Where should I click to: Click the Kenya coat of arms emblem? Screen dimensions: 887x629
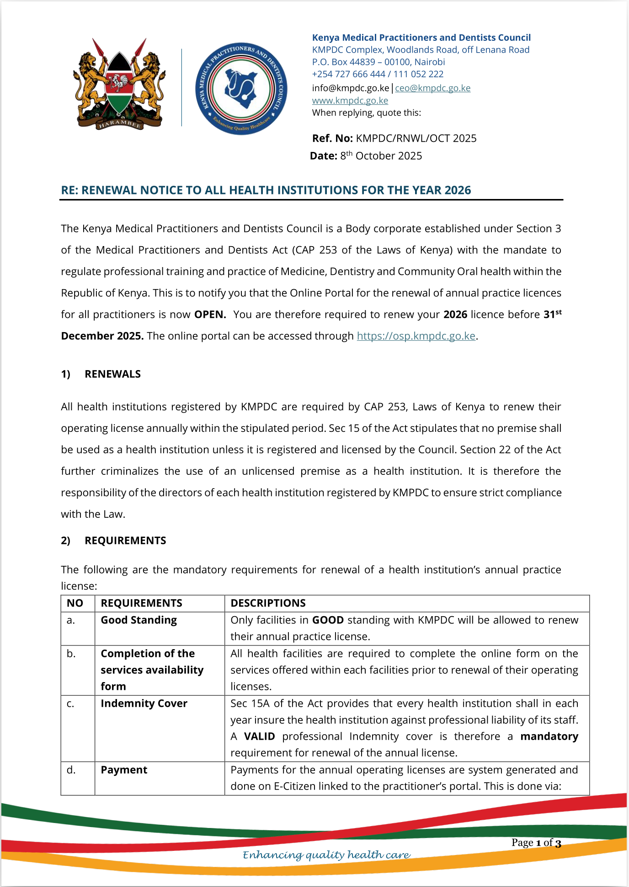(119, 84)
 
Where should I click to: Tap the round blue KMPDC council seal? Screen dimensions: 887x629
(241, 89)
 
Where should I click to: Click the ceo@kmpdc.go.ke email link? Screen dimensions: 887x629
(432, 88)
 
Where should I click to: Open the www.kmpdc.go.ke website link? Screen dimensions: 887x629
(350, 101)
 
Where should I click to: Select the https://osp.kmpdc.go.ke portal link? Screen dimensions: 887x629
(416, 336)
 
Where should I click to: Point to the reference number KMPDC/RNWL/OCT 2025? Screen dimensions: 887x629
(416, 139)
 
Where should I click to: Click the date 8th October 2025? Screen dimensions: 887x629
(381, 156)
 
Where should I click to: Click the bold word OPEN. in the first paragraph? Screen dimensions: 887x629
(210, 315)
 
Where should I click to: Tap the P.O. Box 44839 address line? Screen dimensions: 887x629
(378, 62)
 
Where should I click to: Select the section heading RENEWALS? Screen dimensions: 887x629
(112, 374)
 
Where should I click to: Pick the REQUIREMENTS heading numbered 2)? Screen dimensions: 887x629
(125, 541)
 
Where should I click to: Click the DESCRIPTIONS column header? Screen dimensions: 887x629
(268, 603)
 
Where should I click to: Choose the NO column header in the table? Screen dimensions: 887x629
(75, 603)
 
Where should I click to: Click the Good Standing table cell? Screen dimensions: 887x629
(139, 620)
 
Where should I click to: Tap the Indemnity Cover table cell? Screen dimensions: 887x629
(144, 704)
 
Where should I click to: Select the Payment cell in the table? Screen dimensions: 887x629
(124, 770)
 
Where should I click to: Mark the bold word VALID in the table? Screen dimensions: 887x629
(259, 736)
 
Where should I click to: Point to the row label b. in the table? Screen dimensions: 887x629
(71, 654)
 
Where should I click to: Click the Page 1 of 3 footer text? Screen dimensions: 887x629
(536, 843)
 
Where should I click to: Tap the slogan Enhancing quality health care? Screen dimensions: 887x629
(326, 855)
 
